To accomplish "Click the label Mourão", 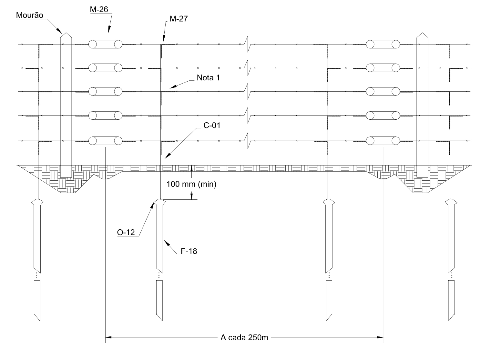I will click(30, 15).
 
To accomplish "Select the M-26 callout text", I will click(99, 9).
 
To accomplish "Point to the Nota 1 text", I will click(208, 78).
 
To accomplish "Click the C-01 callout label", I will click(212, 125).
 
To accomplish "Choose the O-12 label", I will click(126, 232).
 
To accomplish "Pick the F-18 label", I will click(189, 251).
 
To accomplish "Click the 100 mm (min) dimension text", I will click(191, 184).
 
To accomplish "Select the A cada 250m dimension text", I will click(244, 338).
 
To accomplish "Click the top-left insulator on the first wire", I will click(105, 44).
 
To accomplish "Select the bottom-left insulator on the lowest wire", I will click(105, 141).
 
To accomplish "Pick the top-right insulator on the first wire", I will click(383, 44).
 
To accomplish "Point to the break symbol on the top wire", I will click(248, 44).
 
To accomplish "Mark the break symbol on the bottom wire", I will click(248, 141).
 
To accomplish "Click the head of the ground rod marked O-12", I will click(159, 202).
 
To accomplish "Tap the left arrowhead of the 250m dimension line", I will click(108, 338).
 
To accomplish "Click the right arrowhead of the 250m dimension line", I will click(381, 338).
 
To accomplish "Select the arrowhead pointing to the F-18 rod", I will click(166, 241).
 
